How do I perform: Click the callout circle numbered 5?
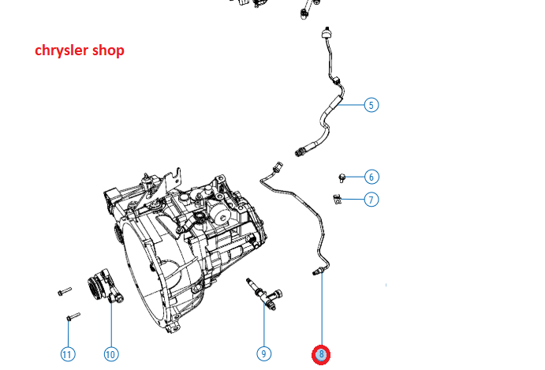click(371, 105)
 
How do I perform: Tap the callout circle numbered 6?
click(371, 177)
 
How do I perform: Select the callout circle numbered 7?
click(371, 200)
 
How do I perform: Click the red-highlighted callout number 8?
click(321, 355)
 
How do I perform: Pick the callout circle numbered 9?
click(263, 354)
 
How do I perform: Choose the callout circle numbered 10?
click(111, 354)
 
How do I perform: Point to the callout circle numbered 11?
click(68, 354)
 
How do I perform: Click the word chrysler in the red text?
click(60, 50)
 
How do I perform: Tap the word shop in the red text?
click(108, 50)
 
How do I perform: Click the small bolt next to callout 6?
click(342, 178)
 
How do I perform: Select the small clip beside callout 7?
click(337, 200)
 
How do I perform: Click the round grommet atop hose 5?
click(326, 32)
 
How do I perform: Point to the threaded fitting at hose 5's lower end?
click(301, 151)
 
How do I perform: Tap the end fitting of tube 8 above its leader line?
click(317, 271)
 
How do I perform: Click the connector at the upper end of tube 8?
click(278, 166)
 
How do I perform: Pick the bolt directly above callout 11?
click(73, 316)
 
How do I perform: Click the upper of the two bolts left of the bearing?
click(65, 291)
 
